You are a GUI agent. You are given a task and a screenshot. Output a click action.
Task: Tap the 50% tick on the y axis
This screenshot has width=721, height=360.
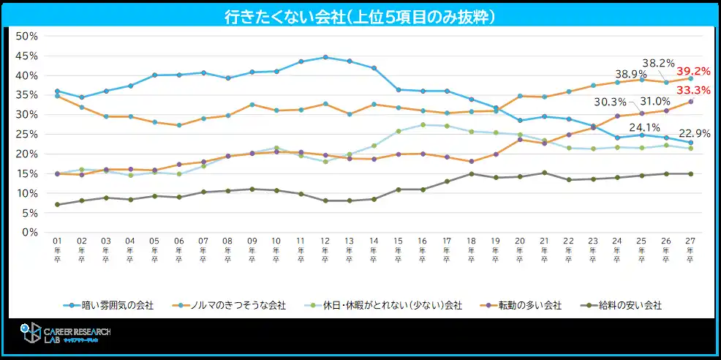pyautogui.click(x=26, y=36)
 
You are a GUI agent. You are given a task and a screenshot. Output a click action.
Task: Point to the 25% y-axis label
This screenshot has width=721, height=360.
pyautogui.click(x=26, y=134)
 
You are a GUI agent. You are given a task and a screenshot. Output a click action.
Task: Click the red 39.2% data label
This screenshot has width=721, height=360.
pyautogui.click(x=693, y=72)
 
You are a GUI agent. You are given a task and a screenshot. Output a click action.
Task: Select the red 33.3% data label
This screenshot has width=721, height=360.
pyautogui.click(x=693, y=90)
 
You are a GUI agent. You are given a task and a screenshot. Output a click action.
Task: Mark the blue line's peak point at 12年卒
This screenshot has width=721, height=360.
pyautogui.click(x=325, y=57)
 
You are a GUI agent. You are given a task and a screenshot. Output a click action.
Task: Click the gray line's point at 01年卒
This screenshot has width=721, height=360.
pyautogui.click(x=57, y=204)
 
